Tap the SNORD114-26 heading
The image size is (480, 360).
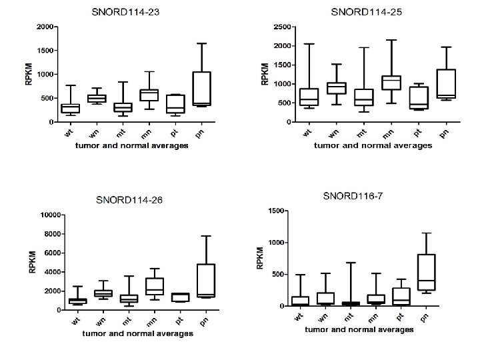pyautogui.click(x=129, y=199)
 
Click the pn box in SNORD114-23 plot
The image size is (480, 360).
pyautogui.click(x=201, y=89)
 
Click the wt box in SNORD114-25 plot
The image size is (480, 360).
pyautogui.click(x=309, y=97)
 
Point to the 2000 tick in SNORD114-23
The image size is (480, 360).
pyautogui.click(x=45, y=27)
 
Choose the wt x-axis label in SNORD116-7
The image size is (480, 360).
pyautogui.click(x=298, y=317)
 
